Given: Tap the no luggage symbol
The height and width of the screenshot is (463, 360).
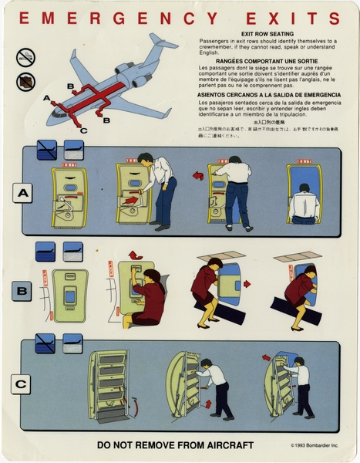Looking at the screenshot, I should tap(29, 79).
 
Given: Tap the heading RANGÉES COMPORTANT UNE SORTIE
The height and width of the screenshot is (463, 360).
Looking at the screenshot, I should tap(268, 60).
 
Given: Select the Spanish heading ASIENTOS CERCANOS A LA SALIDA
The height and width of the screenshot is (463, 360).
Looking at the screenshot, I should tap(268, 95).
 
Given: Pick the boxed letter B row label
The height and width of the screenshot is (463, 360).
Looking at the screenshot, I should tap(22, 292).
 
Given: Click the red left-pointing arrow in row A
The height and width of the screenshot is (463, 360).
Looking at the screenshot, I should tap(198, 176).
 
